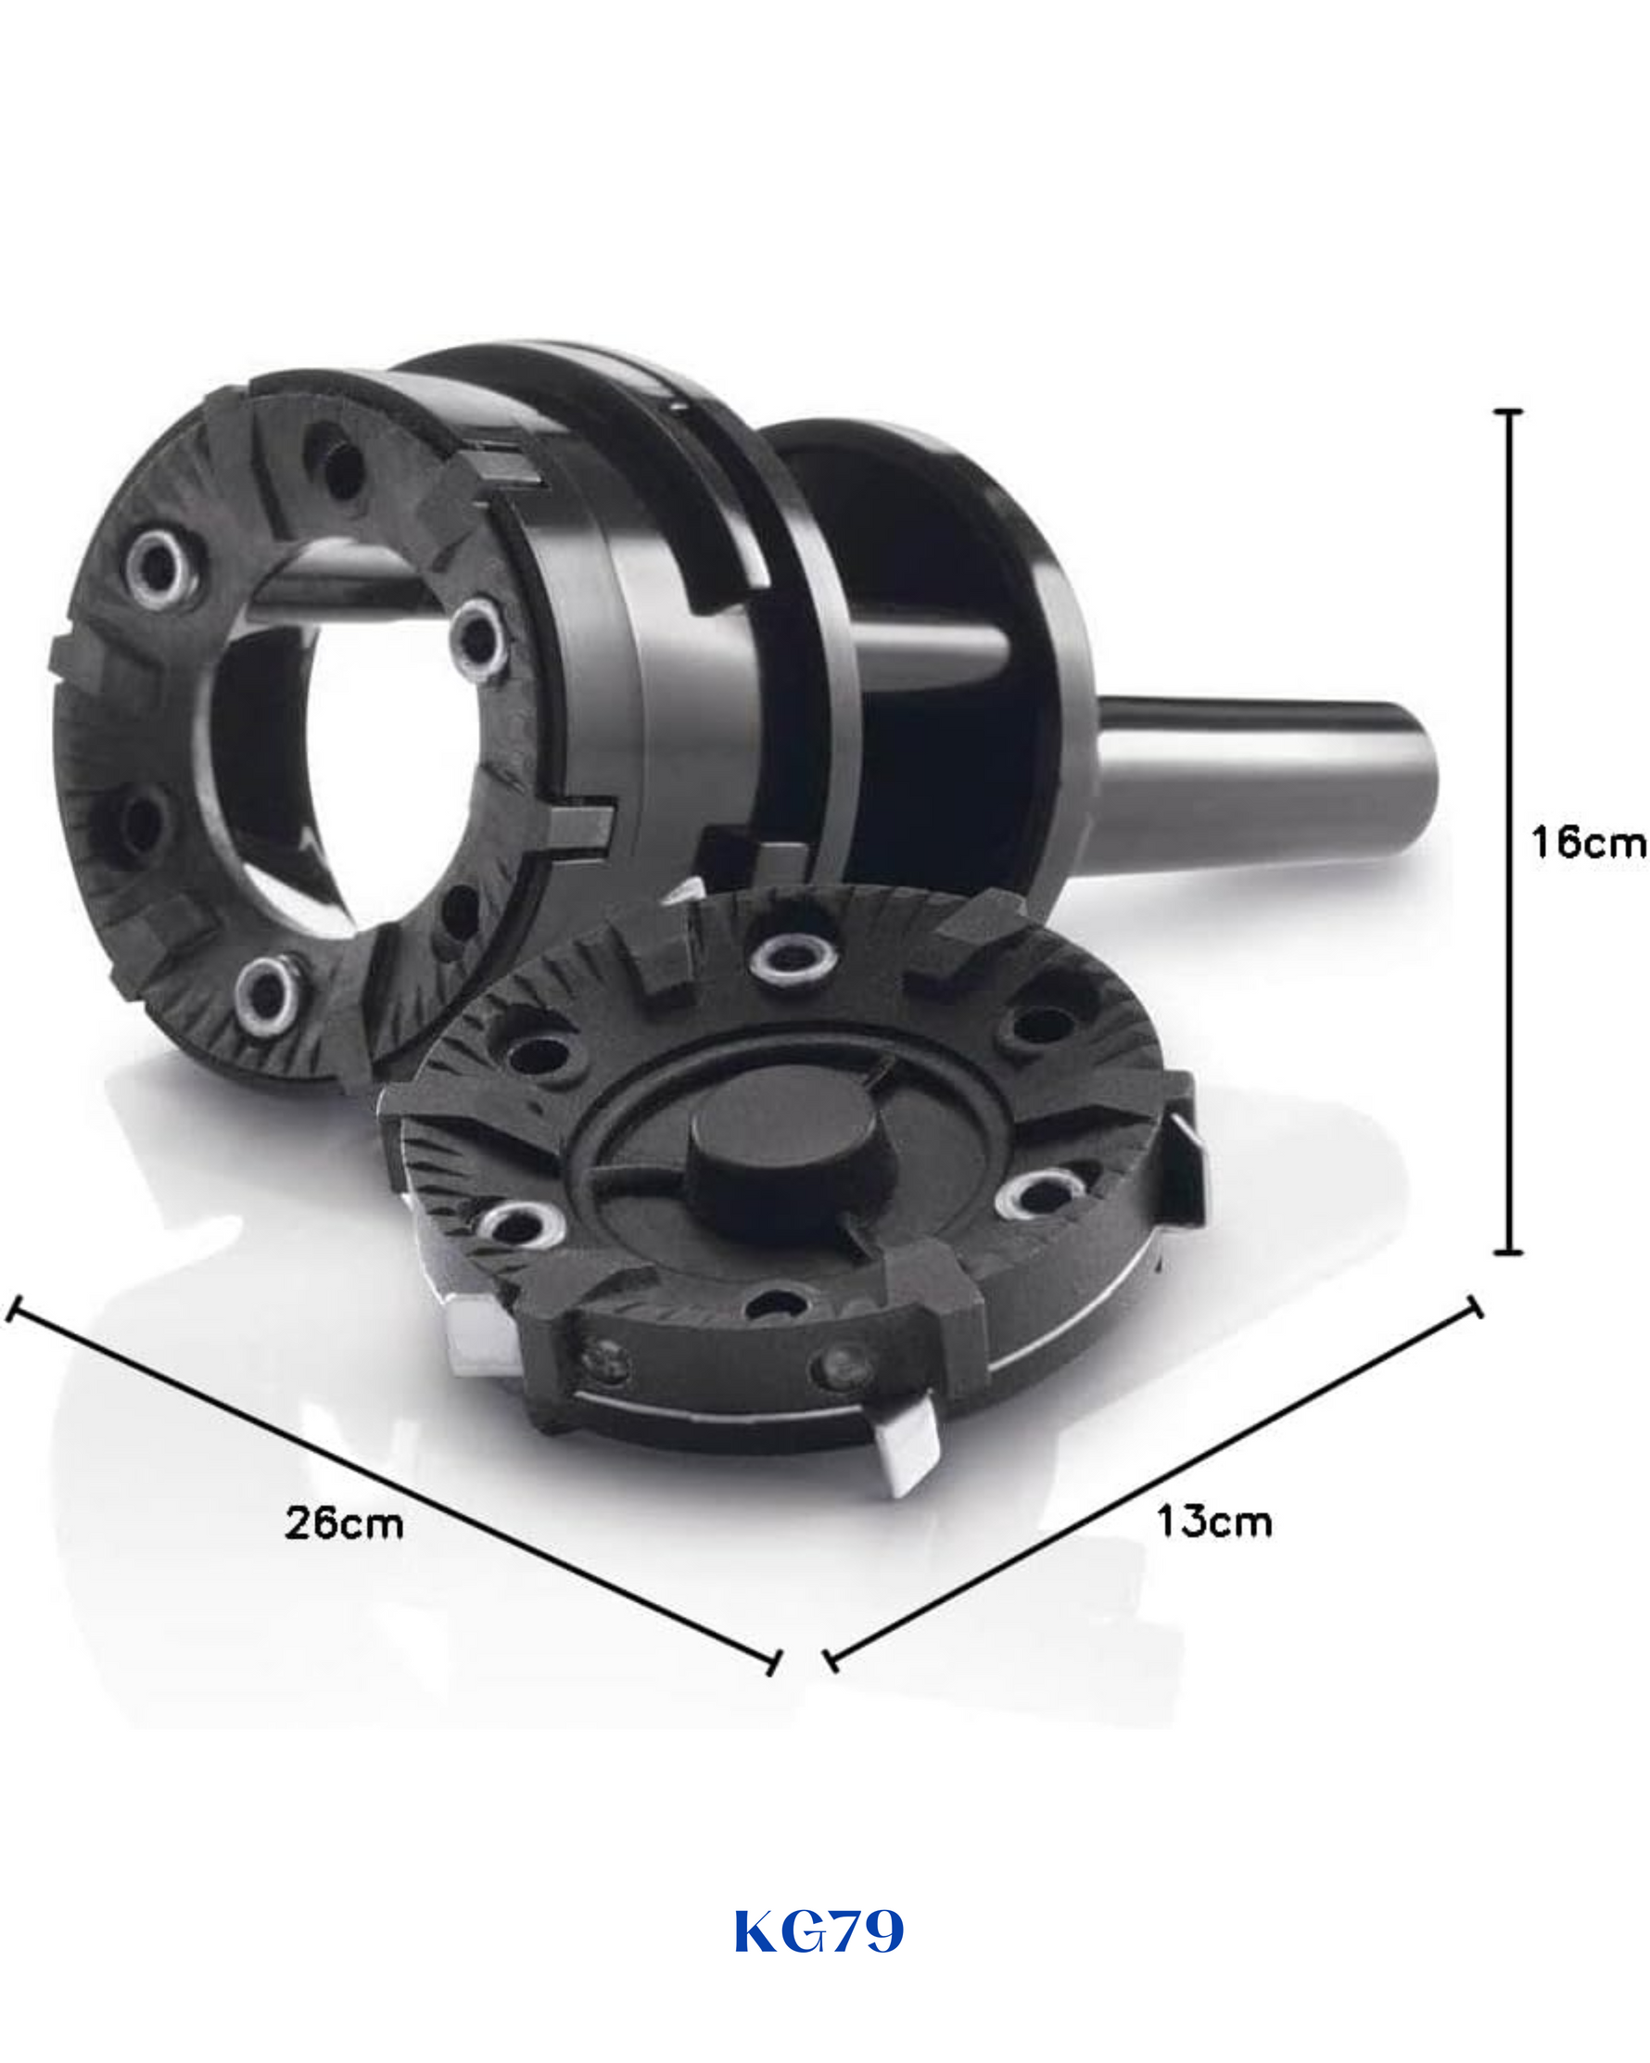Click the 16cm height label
1587,842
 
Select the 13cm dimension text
1213,1521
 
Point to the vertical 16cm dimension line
1508,832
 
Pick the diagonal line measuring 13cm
1152,1484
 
